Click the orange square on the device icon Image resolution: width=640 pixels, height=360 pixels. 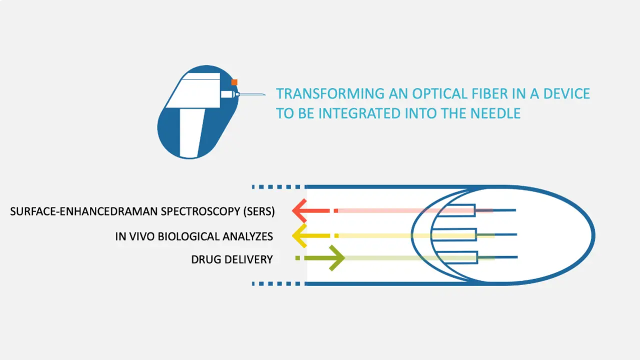point(234,82)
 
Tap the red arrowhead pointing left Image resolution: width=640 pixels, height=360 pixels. point(299,211)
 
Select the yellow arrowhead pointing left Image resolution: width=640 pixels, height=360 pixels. point(299,235)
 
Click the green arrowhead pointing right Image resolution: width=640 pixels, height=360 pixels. point(337,258)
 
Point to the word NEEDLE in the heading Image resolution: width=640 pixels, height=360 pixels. point(495,113)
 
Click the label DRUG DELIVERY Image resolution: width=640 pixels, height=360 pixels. point(232,259)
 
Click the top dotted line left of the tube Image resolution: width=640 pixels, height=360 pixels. point(276,187)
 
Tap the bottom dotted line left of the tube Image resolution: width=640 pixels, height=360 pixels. point(276,283)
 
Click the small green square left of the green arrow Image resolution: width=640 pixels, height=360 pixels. point(297,258)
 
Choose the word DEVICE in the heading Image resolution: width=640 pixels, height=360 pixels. point(566,94)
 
